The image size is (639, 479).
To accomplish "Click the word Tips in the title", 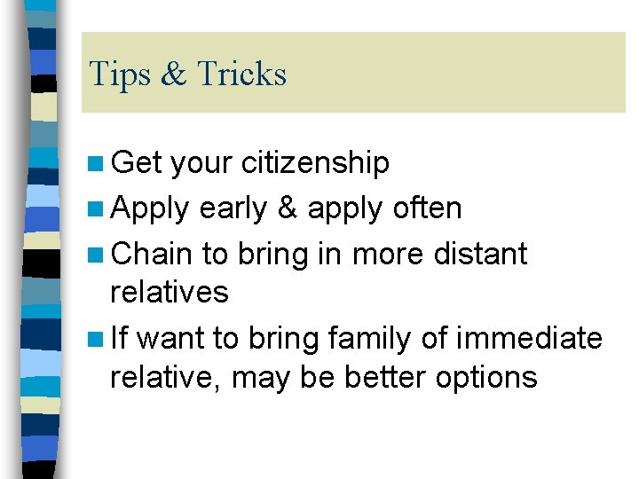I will pos(120,74).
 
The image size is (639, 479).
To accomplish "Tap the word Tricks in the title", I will pos(241,74).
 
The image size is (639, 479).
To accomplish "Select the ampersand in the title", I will pos(173,75).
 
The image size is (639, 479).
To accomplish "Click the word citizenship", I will pos(316,163).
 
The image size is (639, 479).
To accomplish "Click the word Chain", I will pos(151,255).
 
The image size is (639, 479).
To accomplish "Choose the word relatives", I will pos(169,292).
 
